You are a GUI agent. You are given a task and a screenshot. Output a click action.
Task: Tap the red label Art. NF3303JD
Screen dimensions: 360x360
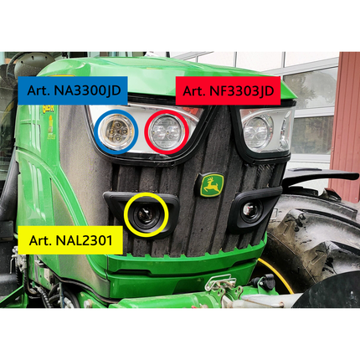tap(228, 90)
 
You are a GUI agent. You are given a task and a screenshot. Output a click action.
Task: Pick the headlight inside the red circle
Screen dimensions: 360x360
tap(167, 131)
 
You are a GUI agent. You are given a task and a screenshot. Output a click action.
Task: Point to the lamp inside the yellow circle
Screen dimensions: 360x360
tap(146, 214)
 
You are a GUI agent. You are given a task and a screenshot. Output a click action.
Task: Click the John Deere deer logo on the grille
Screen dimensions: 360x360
tap(213, 185)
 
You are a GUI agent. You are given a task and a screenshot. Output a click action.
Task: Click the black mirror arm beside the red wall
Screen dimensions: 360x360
tap(318, 177)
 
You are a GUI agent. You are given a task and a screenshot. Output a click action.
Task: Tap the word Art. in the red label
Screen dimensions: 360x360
tap(193, 90)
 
